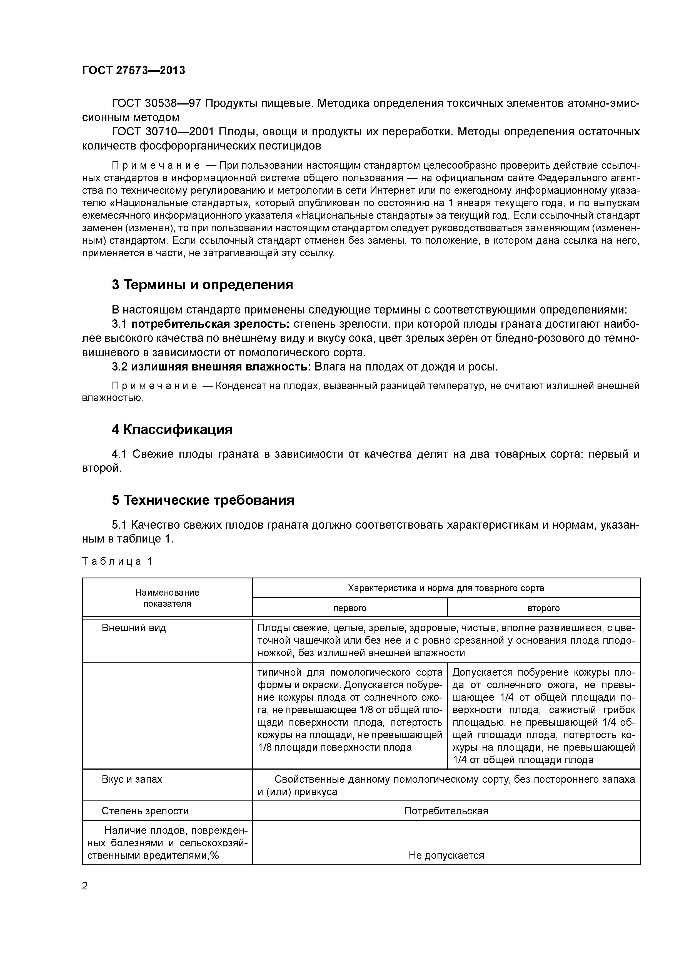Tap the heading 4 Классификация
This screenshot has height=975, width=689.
172,430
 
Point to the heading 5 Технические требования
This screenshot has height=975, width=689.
203,500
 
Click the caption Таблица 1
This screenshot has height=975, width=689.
117,561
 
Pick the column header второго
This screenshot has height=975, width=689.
543,608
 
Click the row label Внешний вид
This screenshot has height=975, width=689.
134,628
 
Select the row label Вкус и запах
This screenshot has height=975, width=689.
132,779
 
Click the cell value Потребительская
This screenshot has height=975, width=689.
446,811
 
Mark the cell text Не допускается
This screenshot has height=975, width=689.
446,855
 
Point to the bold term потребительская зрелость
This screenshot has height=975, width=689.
210,324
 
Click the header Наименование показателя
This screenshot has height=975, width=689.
167,598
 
